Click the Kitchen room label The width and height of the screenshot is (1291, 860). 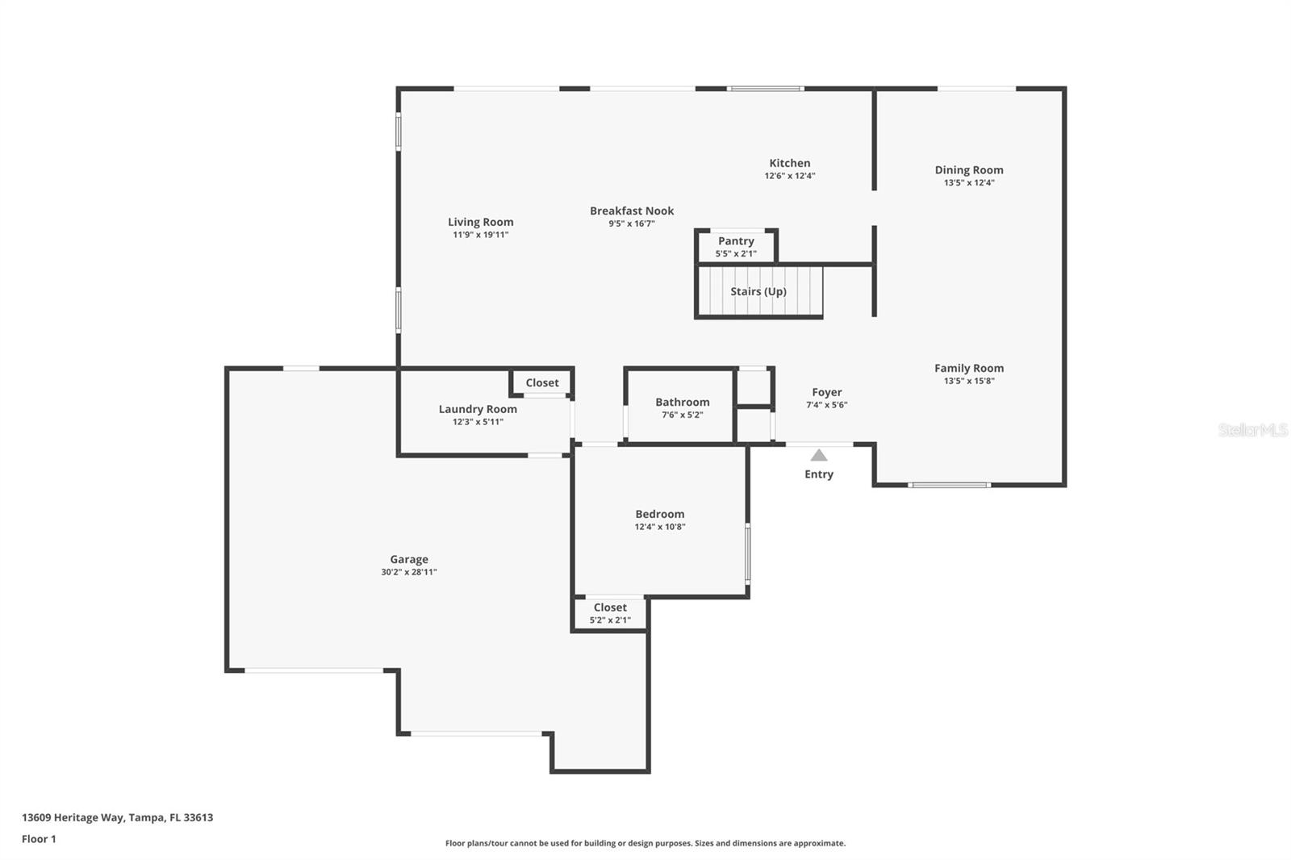coord(789,163)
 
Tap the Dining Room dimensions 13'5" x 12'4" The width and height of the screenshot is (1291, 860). coord(969,183)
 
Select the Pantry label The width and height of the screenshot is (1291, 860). coord(736,241)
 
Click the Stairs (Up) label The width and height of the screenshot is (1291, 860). coord(758,291)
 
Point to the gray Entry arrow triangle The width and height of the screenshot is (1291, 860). coord(819,456)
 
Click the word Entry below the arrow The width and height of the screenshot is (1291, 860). coord(818,474)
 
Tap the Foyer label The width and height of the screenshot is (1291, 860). coord(826,392)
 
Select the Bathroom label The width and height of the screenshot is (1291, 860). coord(682,402)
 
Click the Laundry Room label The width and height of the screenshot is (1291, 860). coord(478,409)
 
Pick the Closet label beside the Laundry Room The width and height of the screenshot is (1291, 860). coord(541,383)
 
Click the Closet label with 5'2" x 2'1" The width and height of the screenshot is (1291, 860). coord(610,607)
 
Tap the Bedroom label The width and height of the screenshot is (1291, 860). coord(659,514)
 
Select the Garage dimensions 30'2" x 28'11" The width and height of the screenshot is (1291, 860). coord(409,572)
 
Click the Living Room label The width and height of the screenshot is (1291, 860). coord(480,222)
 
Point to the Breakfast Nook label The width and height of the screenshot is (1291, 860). coord(632,211)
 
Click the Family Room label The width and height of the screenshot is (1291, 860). coord(969,368)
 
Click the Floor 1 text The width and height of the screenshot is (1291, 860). coord(39,839)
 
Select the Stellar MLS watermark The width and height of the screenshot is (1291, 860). coord(1252,430)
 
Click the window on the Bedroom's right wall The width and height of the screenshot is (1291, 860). coord(747,553)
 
